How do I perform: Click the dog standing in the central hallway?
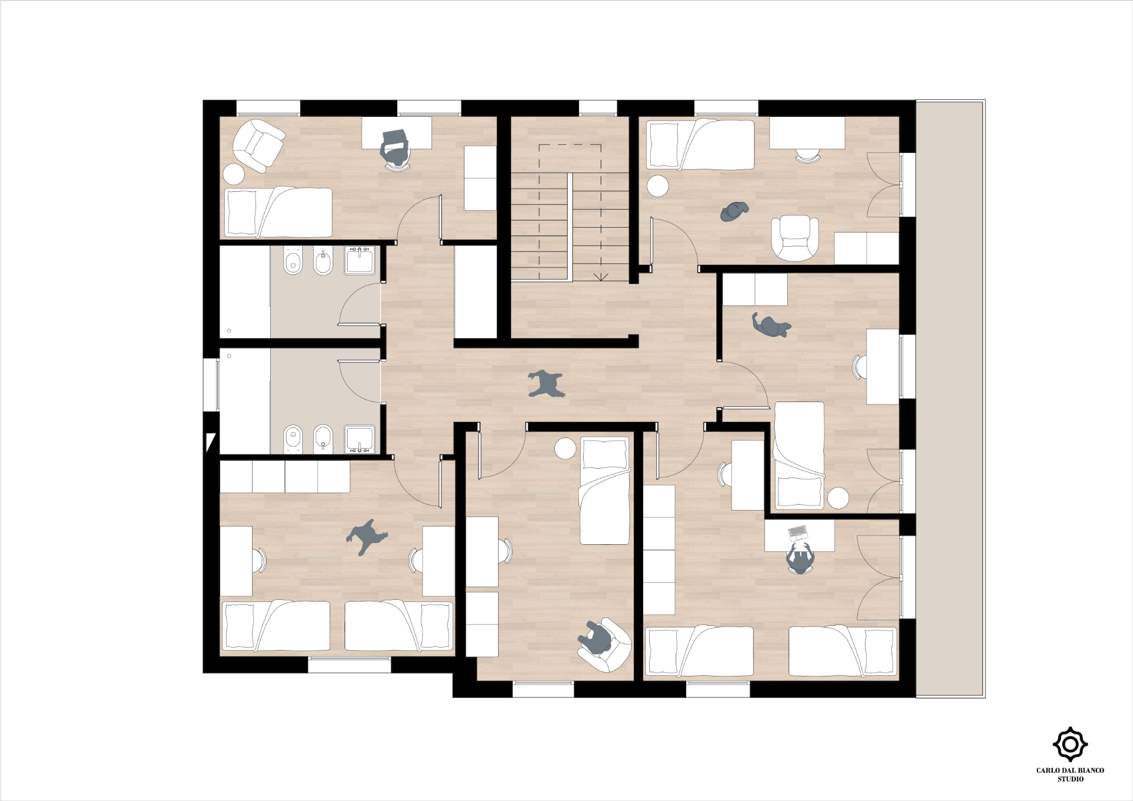click(546, 384)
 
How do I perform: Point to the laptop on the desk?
click(797, 534)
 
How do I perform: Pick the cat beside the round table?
click(734, 211)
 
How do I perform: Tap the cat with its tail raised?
click(771, 325)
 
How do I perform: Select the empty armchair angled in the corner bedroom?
click(258, 145)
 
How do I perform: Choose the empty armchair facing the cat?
click(795, 238)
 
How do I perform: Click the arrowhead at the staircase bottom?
click(601, 276)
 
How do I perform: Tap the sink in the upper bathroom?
click(359, 260)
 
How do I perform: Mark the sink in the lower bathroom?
click(359, 439)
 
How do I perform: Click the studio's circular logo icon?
click(1070, 744)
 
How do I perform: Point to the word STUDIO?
click(1070, 779)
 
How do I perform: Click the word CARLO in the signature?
click(1048, 770)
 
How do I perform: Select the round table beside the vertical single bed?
click(565, 449)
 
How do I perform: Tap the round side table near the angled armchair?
click(234, 175)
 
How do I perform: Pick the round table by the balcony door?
click(838, 498)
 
